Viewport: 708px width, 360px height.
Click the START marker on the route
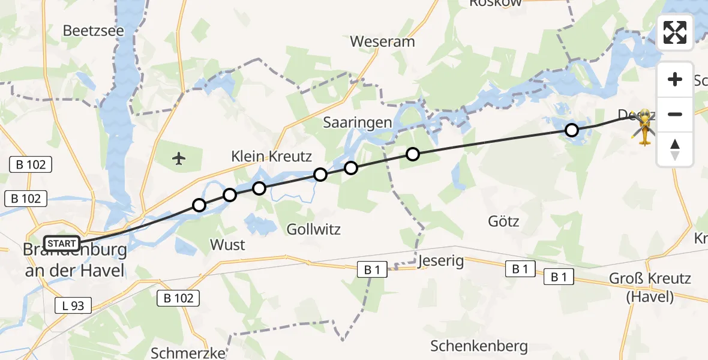coord(62,243)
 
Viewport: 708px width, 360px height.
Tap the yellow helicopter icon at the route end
coord(644,127)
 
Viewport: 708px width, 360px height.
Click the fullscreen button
coord(675,32)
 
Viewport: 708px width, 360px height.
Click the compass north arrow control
coord(675,149)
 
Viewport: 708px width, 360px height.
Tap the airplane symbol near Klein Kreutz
coord(179,158)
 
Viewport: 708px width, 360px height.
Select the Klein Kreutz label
coord(272,157)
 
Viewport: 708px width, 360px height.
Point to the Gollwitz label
coord(313,229)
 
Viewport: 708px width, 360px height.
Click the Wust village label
coord(227,245)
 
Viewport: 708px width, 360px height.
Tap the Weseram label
coord(382,42)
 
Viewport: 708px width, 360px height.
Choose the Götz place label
coord(504,221)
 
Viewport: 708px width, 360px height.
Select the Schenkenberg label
coord(479,346)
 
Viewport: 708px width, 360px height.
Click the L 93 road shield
coord(73,305)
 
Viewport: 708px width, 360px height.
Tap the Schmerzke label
coord(188,352)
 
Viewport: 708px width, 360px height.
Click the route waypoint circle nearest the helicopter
coord(572,130)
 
